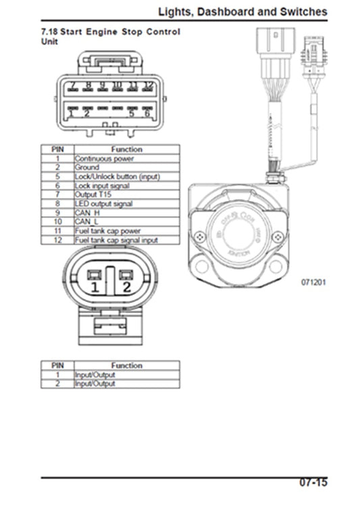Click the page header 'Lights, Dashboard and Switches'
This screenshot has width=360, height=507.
242,11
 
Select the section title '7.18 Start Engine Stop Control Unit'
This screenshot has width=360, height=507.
112,37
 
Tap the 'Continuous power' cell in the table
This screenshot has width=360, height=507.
104,159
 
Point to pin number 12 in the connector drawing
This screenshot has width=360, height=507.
149,86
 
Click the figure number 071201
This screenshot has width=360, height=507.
313,282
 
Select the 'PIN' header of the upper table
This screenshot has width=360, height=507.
57,149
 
